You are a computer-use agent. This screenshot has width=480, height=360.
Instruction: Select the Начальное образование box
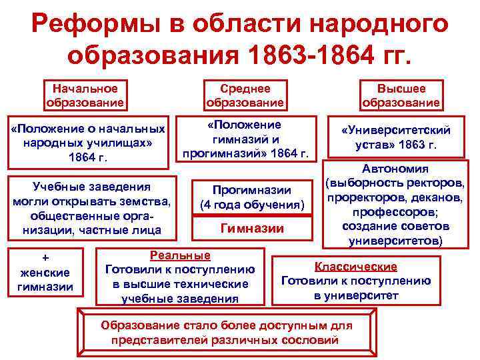85,95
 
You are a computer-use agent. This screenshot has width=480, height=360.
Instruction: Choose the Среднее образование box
245,95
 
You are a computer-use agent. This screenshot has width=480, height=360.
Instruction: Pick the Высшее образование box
401,95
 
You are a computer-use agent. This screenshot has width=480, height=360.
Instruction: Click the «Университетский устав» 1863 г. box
396,137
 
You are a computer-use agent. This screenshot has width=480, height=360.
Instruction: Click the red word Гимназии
252,229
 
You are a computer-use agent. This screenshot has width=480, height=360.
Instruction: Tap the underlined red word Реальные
180,255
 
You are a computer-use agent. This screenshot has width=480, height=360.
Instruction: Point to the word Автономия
395,169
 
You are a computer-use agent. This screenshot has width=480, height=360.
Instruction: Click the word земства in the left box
146,201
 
